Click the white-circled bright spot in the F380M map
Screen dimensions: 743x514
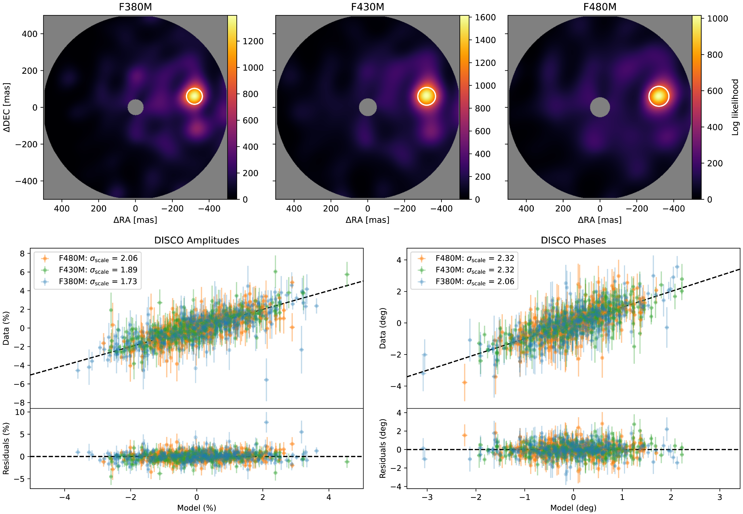click(x=194, y=96)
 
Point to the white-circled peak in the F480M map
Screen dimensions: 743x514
click(x=659, y=96)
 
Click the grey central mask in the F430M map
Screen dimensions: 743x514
click(x=368, y=107)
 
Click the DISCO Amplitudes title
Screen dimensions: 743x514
click(x=197, y=240)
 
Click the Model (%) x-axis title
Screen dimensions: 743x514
click(x=197, y=508)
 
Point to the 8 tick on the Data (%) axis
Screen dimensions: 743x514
click(x=22, y=254)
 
